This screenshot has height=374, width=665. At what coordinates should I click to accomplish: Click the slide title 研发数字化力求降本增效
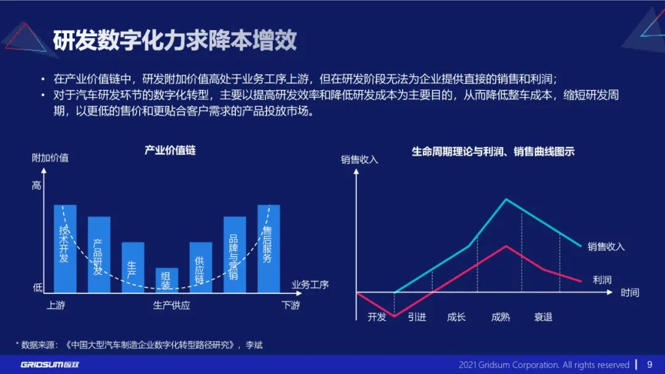click(x=174, y=41)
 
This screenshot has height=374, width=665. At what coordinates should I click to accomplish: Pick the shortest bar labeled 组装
click(x=166, y=280)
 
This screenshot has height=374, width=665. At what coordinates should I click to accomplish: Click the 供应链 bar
click(x=200, y=267)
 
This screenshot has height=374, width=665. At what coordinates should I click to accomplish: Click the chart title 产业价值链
click(x=170, y=150)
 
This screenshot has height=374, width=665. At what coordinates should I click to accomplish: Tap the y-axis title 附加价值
click(x=50, y=158)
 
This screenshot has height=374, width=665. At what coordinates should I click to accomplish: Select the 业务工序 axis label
click(x=310, y=285)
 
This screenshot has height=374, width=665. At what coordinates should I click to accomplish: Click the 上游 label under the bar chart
click(x=55, y=305)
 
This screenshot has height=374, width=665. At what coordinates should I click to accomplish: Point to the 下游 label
click(x=291, y=305)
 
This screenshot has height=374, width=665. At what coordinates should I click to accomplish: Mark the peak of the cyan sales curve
click(x=506, y=199)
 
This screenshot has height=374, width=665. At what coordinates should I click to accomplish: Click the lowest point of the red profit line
click(x=394, y=316)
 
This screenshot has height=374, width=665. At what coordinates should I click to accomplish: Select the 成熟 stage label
click(x=501, y=317)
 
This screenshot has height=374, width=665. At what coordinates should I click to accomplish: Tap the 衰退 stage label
click(x=543, y=317)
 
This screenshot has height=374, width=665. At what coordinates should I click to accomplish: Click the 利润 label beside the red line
click(x=602, y=280)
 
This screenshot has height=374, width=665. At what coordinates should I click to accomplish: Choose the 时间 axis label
click(x=630, y=293)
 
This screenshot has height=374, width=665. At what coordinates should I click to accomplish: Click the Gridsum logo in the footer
click(x=50, y=365)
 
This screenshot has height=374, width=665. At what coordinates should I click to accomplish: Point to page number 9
click(x=650, y=364)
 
